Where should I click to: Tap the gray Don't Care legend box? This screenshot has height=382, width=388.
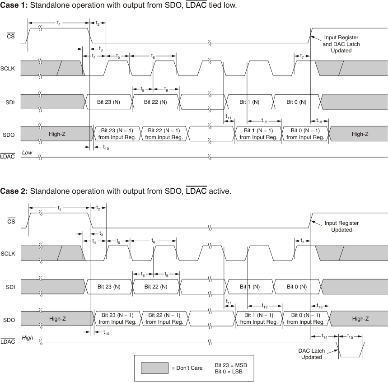pos(154,368)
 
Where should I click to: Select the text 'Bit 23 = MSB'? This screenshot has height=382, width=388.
pos(231,364)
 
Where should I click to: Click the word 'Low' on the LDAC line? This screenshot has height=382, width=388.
pos(27,153)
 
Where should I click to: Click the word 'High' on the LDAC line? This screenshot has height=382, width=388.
pos(28,337)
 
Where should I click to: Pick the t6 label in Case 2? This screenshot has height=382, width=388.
pos(154,241)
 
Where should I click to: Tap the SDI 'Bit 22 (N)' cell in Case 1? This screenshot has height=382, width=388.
pos(155,102)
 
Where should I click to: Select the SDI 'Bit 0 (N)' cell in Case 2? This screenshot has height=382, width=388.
pos(297,286)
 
